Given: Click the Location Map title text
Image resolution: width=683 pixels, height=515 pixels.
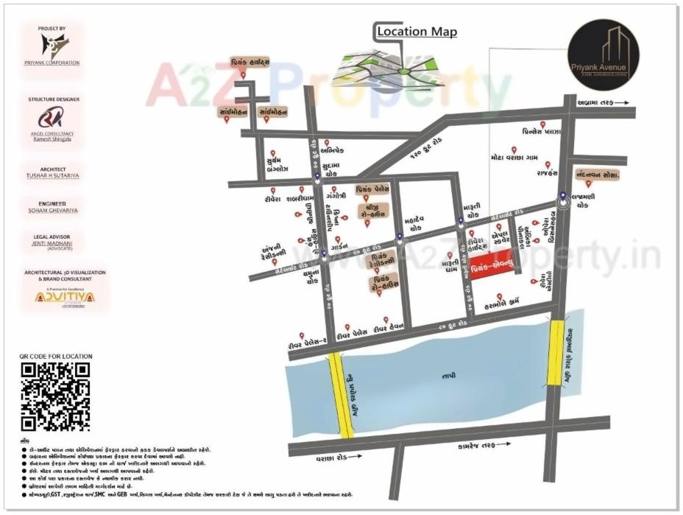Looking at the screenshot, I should [417, 32].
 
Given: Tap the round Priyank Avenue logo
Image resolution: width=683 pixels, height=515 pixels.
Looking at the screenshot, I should [604, 55].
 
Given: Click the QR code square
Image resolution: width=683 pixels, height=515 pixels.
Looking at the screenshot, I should [55, 396].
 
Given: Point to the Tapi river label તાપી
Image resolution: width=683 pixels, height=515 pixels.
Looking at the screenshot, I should [449, 375].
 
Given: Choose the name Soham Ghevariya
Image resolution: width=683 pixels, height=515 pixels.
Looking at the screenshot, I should [53, 211].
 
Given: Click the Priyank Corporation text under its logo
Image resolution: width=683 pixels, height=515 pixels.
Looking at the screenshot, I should [52, 63].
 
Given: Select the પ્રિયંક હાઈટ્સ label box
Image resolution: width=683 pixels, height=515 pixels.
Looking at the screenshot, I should [250, 62].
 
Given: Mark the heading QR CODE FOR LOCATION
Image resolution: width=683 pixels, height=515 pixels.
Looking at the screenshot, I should [56, 356].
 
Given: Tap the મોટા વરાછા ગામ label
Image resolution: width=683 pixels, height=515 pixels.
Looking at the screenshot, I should [514, 158].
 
